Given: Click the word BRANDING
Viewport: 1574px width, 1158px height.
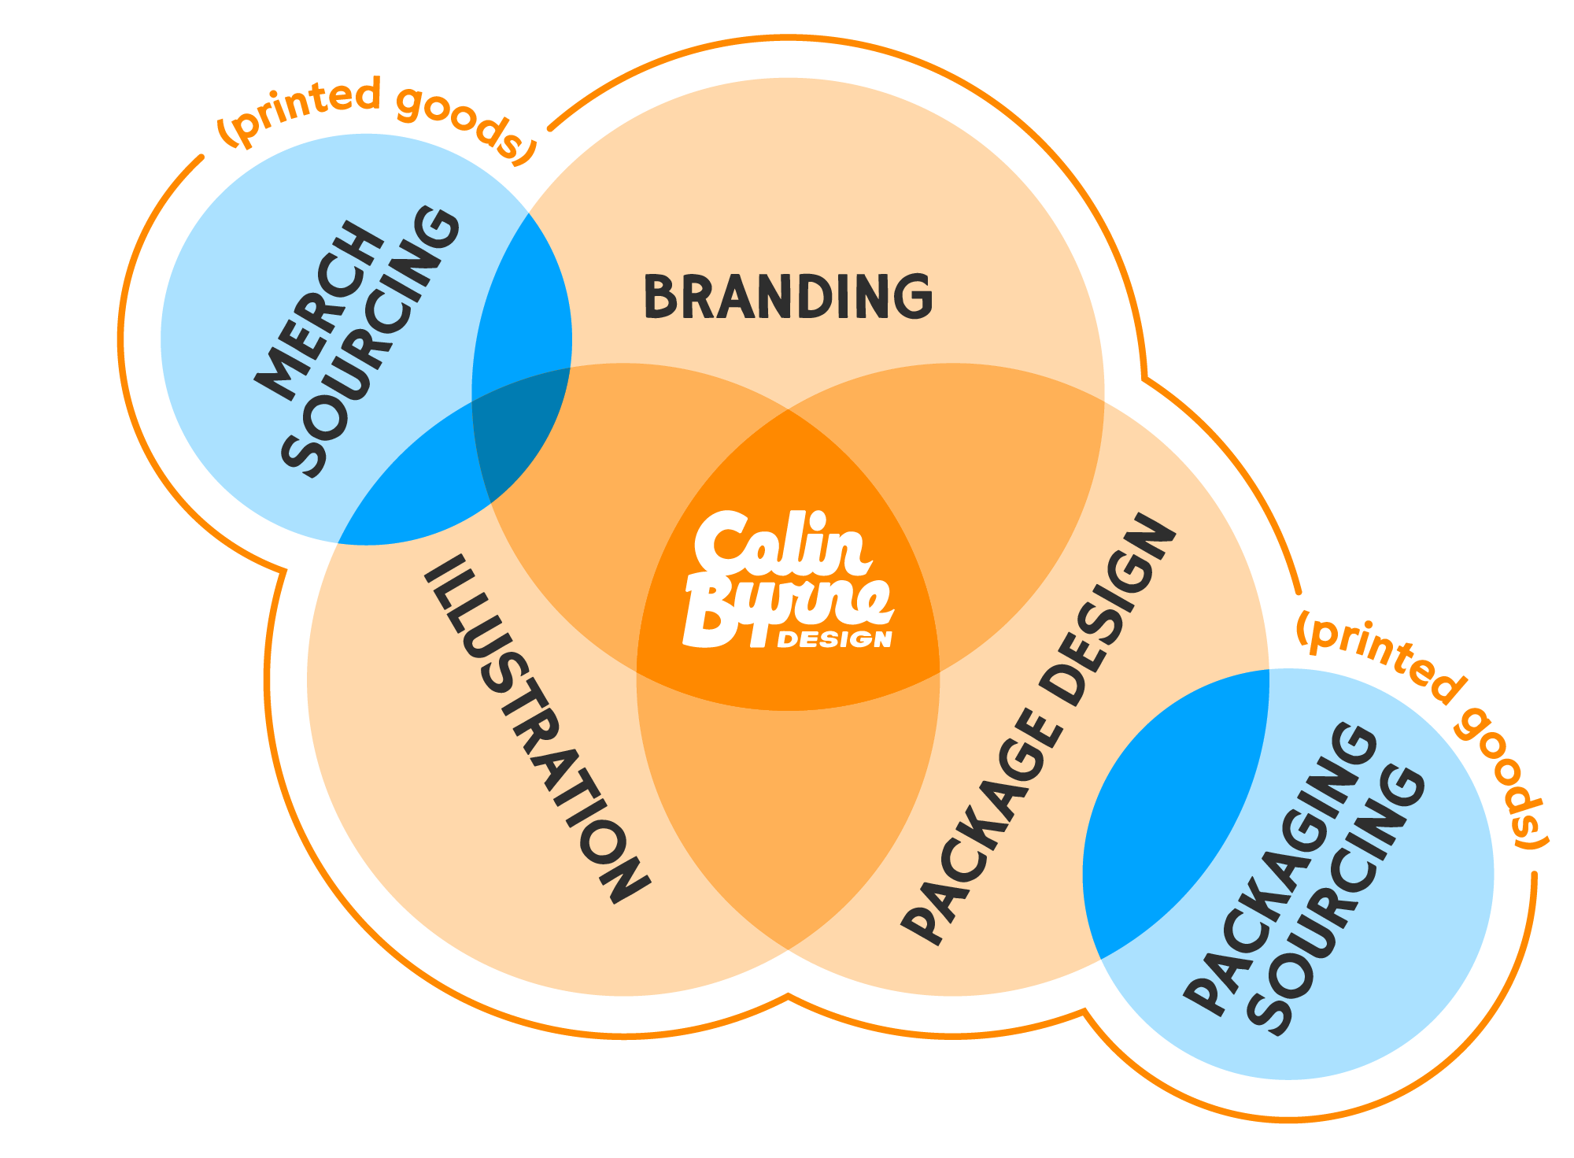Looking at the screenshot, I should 788,297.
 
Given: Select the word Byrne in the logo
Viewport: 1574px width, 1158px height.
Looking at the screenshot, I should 779,610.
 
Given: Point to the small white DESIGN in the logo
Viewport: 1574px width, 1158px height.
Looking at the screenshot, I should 834,638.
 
